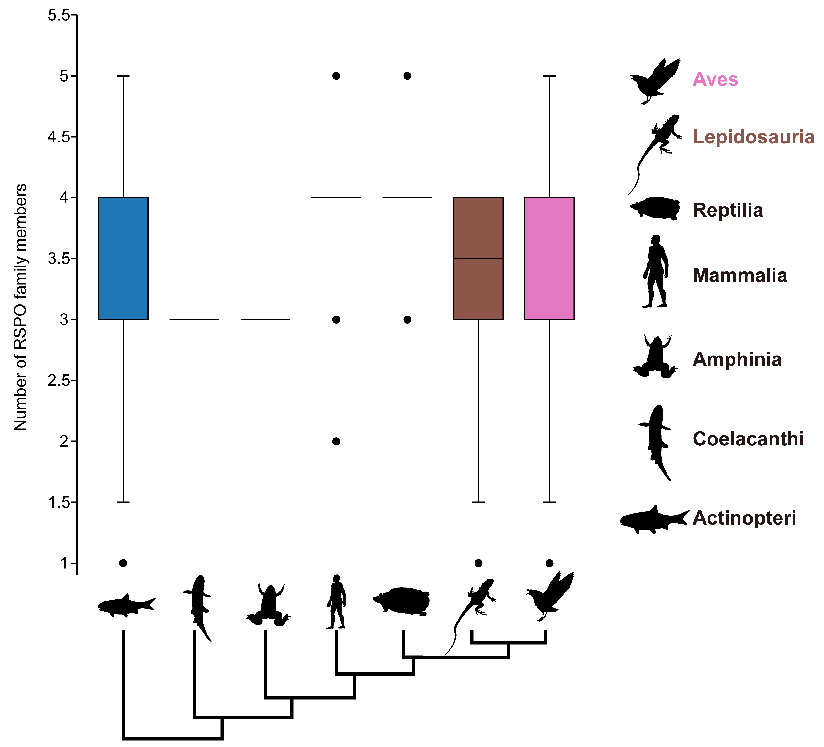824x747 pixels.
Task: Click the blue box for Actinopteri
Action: (123, 258)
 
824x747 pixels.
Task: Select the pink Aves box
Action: (549, 258)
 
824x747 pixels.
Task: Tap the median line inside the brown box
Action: (478, 259)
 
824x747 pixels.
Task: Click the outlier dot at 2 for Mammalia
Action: (336, 441)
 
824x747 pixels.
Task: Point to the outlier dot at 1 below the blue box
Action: (123, 563)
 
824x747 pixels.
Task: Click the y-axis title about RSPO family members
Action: (20, 307)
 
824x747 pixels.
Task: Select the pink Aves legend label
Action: (715, 79)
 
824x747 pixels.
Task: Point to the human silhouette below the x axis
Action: (336, 601)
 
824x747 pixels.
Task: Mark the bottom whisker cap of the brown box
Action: (478, 502)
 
